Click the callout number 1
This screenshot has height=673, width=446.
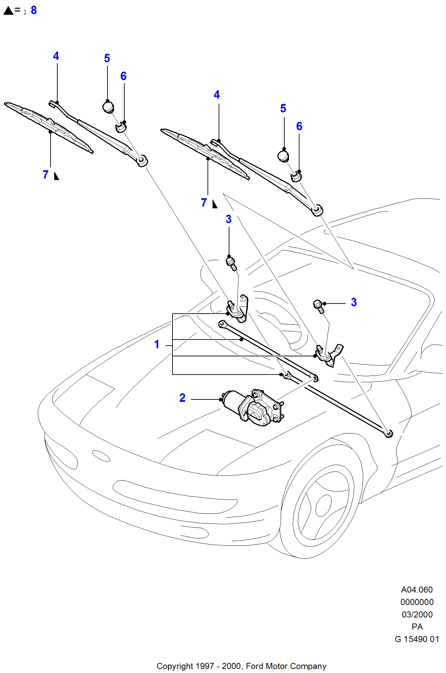157,344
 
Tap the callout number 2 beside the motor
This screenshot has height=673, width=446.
182,398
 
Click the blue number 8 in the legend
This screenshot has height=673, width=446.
34,10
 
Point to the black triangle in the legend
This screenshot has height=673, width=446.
8,11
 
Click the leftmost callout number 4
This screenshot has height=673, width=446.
56,56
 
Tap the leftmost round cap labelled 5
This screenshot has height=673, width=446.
108,107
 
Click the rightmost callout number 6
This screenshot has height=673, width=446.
299,126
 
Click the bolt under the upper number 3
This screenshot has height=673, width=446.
231,263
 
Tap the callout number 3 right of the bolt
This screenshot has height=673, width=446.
354,302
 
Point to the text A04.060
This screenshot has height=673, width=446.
417,590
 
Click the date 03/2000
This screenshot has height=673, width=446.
417,614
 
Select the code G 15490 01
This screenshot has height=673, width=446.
417,639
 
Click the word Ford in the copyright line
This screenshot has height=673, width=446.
254,666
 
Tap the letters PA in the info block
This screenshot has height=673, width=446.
417,627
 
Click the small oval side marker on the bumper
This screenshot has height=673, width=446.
101,456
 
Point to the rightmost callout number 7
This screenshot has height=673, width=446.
204,203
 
